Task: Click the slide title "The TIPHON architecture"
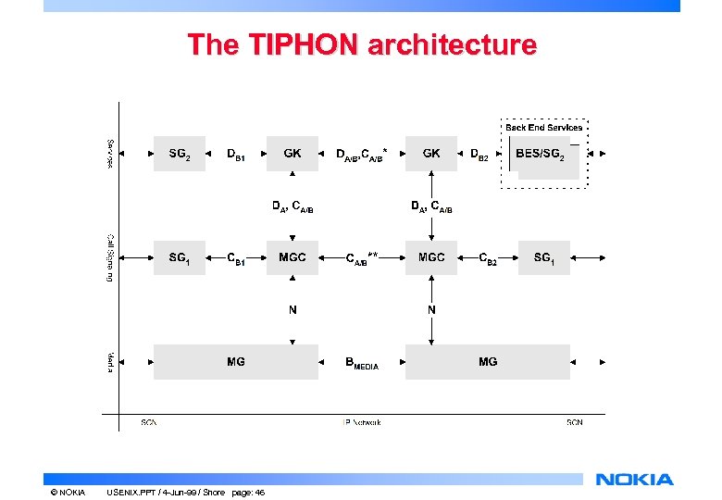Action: [361, 44]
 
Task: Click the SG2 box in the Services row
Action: [180, 154]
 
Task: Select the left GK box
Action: [293, 154]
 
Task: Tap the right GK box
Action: [431, 154]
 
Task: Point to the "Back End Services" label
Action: [544, 127]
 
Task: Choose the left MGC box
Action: [293, 257]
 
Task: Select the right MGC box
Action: [431, 257]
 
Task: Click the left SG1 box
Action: [180, 257]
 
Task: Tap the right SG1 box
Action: [544, 257]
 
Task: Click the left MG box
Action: [236, 362]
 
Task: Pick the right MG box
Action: [488, 362]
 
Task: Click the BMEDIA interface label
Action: [362, 364]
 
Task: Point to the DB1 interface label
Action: [237, 155]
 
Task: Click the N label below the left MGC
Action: [293, 310]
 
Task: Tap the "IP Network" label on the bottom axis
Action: [361, 422]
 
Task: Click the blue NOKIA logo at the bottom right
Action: [635, 480]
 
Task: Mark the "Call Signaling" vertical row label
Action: [109, 257]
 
